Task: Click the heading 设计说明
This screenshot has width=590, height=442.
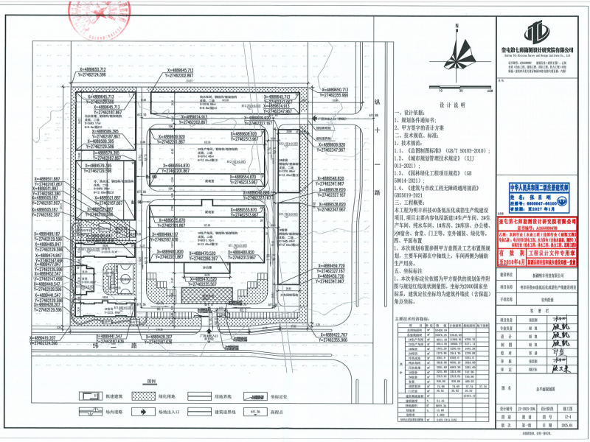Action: point(448,105)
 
